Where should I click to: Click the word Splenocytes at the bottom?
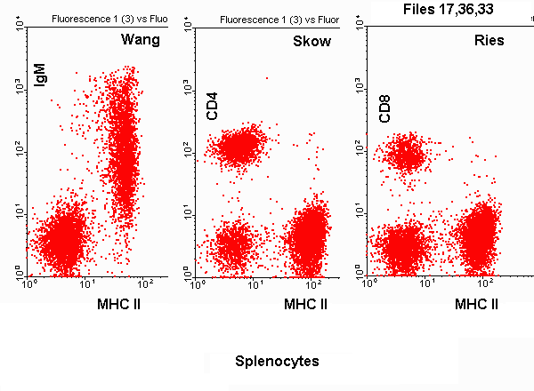pos(277,362)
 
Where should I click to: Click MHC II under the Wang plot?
pos(120,305)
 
